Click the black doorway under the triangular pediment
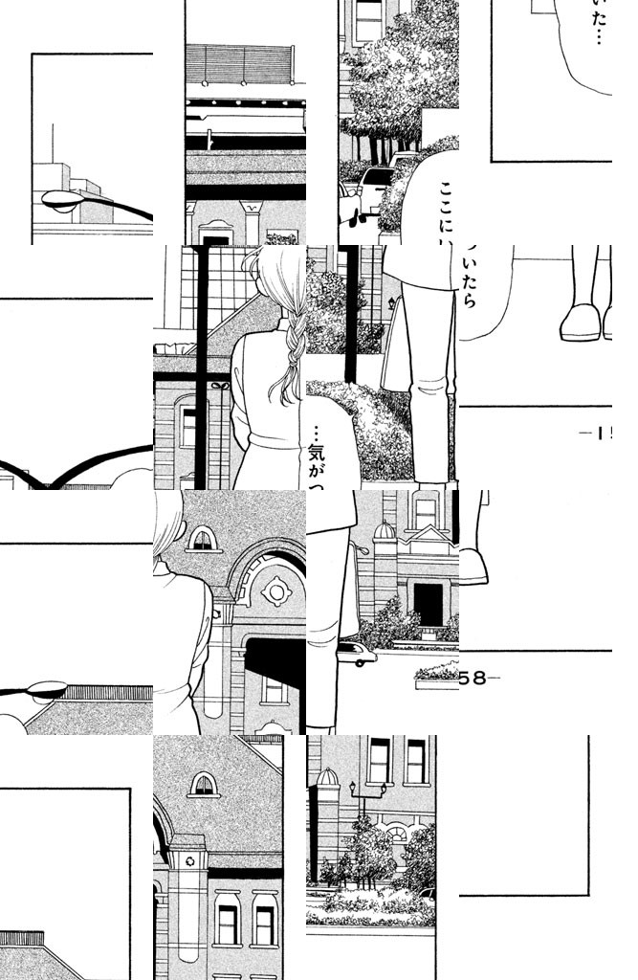click(x=428, y=604)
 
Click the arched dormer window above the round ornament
click(x=202, y=539)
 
